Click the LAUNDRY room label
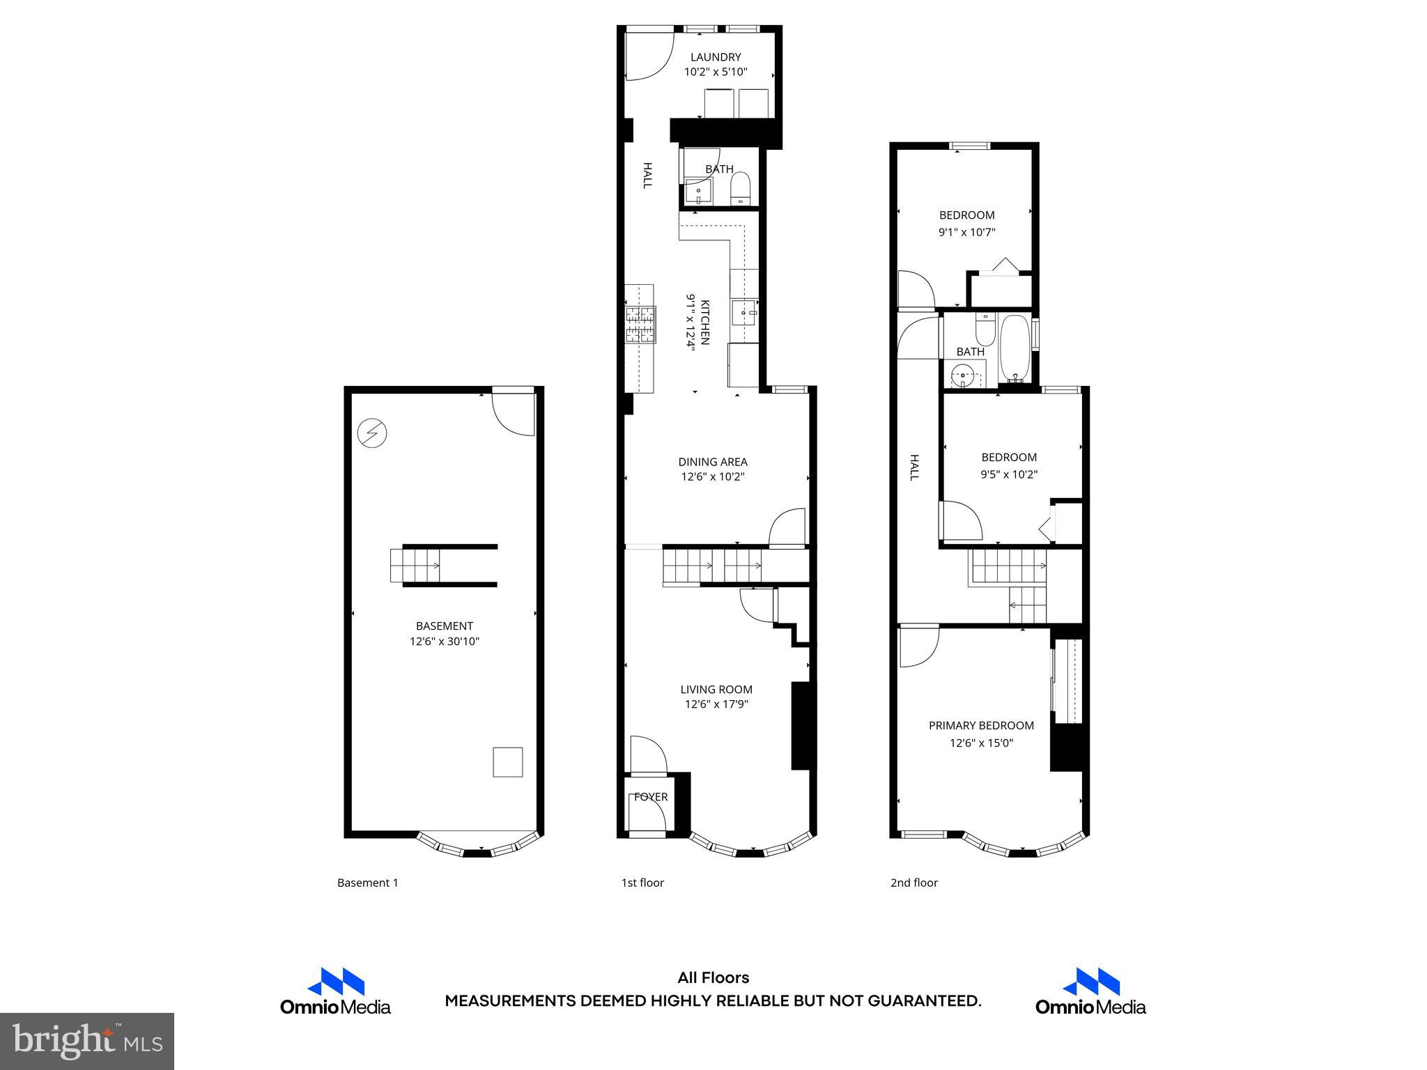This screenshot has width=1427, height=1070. tap(715, 57)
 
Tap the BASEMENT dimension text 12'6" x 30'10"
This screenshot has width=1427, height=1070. tap(444, 642)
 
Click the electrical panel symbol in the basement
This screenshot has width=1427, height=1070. tap(371, 433)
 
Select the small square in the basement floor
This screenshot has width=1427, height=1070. tap(507, 761)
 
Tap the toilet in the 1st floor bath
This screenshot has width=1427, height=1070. tap(739, 188)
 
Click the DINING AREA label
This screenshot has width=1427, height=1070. tap(713, 462)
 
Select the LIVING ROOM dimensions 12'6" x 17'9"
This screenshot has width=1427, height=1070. tap(716, 704)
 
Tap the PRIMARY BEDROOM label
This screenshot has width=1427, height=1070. tap(981, 726)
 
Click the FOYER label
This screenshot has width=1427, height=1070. tap(651, 797)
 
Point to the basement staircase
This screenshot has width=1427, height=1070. tap(416, 565)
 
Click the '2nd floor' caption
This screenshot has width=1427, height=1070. tap(913, 883)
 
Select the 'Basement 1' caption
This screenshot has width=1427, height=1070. tap(367, 883)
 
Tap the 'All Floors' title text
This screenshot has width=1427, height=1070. tap(713, 977)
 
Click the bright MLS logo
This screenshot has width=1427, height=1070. tap(87, 1041)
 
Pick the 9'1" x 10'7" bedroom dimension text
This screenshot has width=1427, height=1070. tap(966, 233)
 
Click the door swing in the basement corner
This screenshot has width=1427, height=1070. tap(514, 414)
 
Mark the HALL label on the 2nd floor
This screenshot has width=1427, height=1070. tap(914, 467)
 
